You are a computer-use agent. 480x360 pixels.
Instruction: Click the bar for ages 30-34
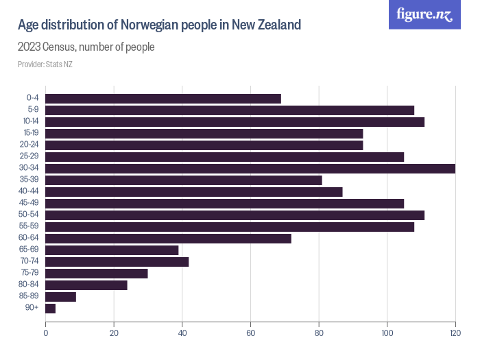[250, 169]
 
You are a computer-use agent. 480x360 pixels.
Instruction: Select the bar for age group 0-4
[163, 99]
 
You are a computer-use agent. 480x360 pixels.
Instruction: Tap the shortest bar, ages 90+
[51, 309]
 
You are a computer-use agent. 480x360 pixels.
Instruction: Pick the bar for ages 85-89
[60, 297]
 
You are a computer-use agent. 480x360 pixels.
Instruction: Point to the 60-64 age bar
[169, 239]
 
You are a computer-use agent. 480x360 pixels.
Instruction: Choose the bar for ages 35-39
[184, 180]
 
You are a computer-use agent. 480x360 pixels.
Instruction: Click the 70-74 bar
[117, 262]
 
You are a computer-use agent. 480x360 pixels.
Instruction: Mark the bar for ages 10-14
[235, 122]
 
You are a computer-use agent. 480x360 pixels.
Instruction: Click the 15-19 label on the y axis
[32, 132]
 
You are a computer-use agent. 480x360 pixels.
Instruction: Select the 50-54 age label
[29, 214]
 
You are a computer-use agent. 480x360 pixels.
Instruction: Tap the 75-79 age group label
[30, 272]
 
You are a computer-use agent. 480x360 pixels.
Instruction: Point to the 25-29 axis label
[29, 156]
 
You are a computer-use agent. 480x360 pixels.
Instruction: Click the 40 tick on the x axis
[182, 333]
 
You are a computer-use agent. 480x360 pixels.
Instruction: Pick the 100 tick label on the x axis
[387, 333]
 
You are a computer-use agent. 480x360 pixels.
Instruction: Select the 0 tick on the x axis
[46, 333]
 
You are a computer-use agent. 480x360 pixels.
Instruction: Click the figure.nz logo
[424, 14]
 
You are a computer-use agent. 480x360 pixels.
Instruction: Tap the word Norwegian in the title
[149, 25]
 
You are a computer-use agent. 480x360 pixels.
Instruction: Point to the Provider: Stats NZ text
[45, 64]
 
